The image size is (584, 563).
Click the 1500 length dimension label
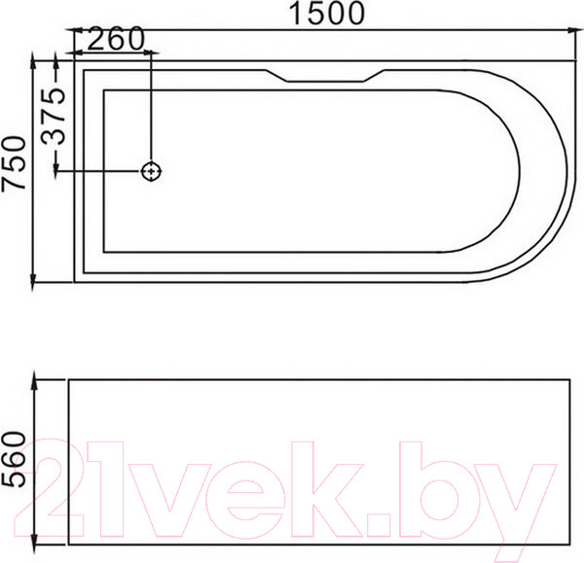pyautogui.click(x=327, y=14)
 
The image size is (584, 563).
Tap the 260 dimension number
pyautogui.click(x=116, y=38)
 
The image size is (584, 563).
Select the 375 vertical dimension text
pyautogui.click(x=54, y=116)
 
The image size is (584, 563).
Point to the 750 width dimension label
pyautogui.click(x=15, y=163)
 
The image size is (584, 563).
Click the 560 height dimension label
pyautogui.click(x=15, y=459)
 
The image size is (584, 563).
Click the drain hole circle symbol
pyautogui.click(x=151, y=171)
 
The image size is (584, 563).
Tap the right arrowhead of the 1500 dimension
pyautogui.click(x=574, y=30)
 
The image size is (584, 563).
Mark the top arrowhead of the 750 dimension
pyautogui.click(x=33, y=59)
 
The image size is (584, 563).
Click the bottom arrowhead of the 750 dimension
pyautogui.click(x=33, y=283)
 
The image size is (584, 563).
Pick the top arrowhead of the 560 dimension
pyautogui.click(x=35, y=379)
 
